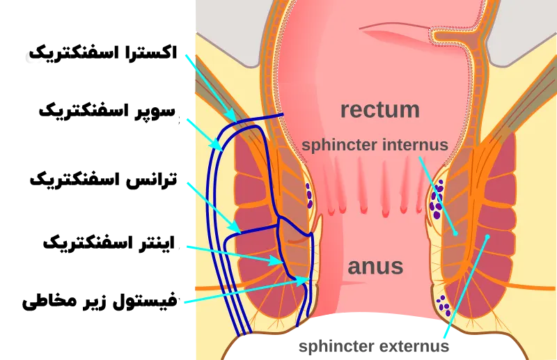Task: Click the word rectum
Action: tap(379, 109)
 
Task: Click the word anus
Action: tap(376, 265)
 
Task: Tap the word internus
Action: tap(416, 146)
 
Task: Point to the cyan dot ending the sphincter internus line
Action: tap(455, 233)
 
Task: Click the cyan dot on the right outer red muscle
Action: tap(487, 237)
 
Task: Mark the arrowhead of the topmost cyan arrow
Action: tap(233, 116)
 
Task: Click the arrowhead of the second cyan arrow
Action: tap(222, 149)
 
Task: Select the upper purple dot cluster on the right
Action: tap(437, 202)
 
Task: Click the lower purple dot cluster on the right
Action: tap(442, 304)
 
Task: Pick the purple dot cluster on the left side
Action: tap(308, 196)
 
